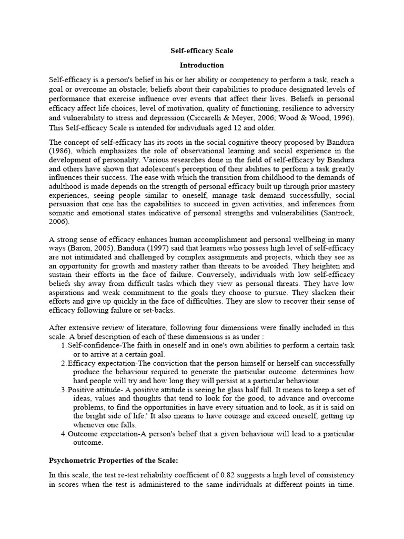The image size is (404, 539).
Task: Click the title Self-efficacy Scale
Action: click(201, 51)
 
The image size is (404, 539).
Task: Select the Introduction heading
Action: click(201, 65)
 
